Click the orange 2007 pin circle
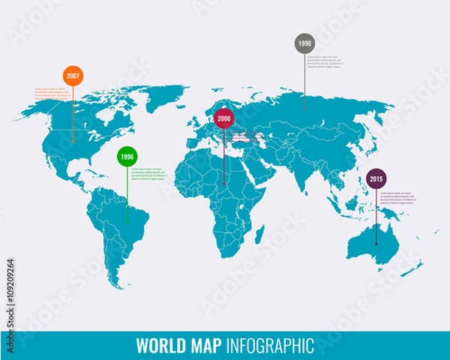click(73, 76)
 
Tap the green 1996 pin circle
click(127, 157)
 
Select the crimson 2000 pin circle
click(223, 118)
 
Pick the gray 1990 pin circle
click(304, 43)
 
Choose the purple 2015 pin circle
click(376, 179)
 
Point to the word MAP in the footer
click(201, 345)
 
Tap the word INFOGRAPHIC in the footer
click(267, 345)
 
